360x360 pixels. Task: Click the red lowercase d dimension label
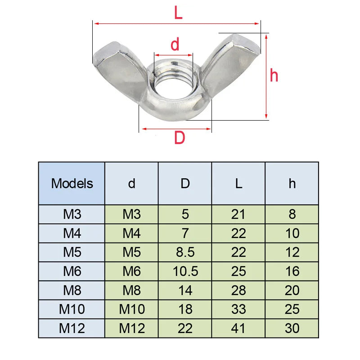175,44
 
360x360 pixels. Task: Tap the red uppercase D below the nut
180,138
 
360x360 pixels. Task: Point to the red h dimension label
274,75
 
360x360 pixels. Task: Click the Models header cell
72,184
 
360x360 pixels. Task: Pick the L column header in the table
238,184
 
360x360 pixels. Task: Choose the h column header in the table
292,184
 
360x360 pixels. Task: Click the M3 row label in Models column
72,214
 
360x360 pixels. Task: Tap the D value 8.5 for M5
185,252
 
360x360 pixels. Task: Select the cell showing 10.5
185,271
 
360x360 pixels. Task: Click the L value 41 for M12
238,328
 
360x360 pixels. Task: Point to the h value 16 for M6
292,271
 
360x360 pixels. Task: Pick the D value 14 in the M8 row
185,290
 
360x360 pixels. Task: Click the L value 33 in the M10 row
238,310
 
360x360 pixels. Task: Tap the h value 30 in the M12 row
292,328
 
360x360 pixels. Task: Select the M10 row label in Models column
72,310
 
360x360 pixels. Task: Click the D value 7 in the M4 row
185,233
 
